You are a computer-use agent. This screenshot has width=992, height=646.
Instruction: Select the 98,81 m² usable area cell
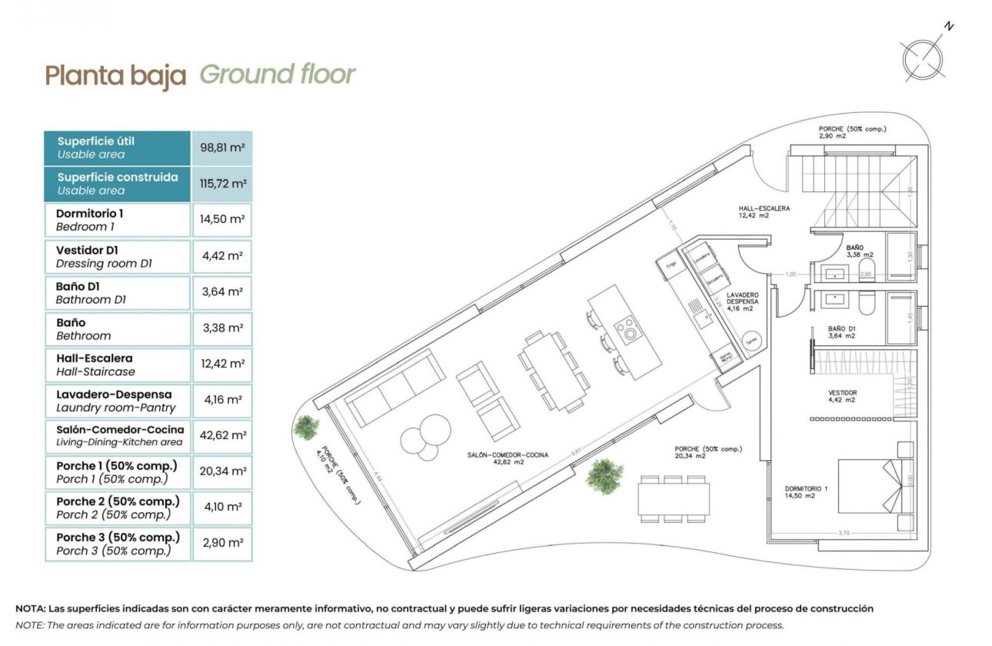222,148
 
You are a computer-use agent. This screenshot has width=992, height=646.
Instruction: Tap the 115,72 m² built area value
222,184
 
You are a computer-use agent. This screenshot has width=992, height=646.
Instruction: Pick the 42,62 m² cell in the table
222,435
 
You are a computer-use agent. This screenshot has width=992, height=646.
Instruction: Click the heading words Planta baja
115,75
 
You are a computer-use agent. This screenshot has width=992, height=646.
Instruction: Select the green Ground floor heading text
277,75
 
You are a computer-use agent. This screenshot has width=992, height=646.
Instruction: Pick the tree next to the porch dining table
604,475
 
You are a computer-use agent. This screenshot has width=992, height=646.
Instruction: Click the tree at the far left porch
306,427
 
